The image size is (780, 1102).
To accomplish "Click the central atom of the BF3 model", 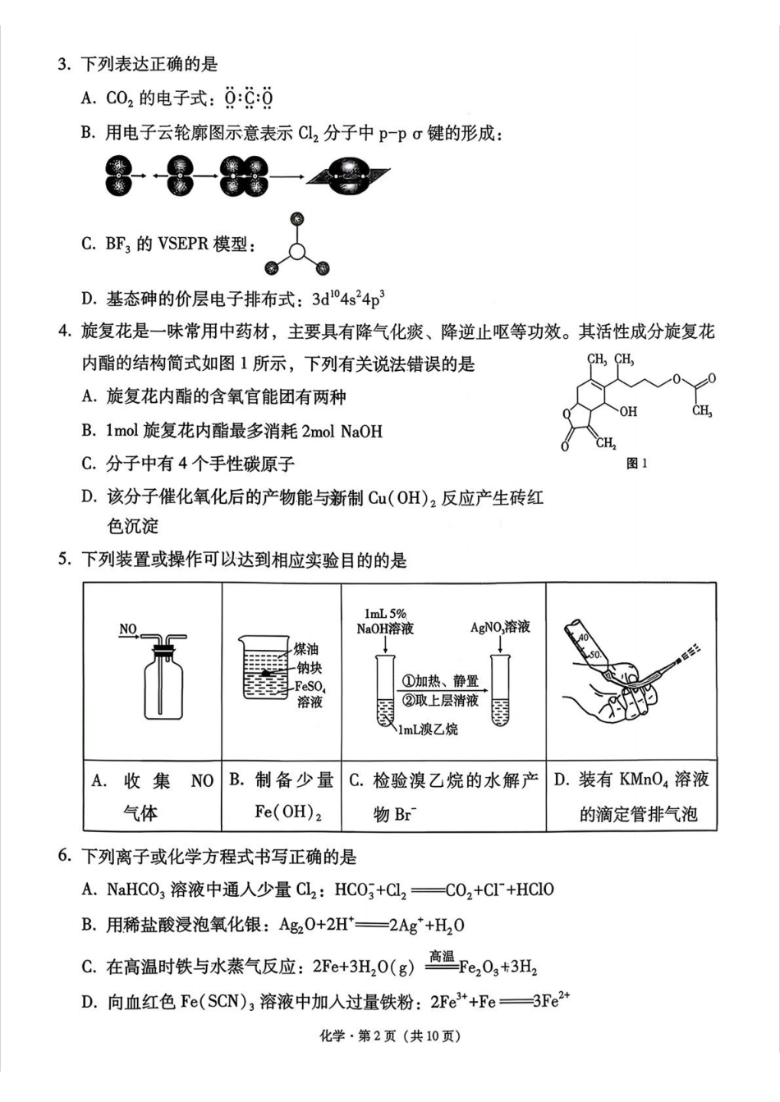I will tap(297, 251).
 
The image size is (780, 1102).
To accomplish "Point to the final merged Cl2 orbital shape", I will tap(348, 176).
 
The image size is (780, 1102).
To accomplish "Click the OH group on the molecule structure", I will tap(627, 411).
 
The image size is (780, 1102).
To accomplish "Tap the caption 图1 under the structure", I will tap(636, 464).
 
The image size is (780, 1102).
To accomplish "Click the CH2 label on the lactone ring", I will tap(606, 443).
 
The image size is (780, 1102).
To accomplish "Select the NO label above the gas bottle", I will tap(128, 629).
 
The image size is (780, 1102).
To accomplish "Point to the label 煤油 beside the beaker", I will tap(306, 648).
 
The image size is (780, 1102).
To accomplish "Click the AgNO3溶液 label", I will tap(500, 628).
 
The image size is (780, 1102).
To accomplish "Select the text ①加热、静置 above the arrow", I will tap(440, 681).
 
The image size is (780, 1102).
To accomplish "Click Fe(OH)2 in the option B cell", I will tap(287, 812).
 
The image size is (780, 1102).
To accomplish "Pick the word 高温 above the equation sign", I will tap(442, 956).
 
